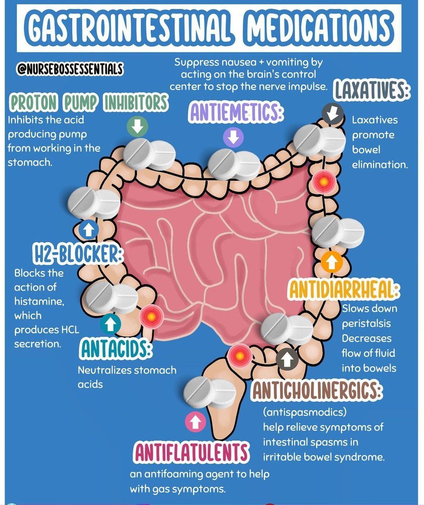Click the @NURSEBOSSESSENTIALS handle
pos(70,69)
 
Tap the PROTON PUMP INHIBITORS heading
pos(89,103)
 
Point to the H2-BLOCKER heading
pos(77,254)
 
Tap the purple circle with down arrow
pos(233,137)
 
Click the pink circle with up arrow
pos(196,422)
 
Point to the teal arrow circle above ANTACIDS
pos(111,324)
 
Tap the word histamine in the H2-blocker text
pos(39,301)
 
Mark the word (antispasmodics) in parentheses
pos(305,412)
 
